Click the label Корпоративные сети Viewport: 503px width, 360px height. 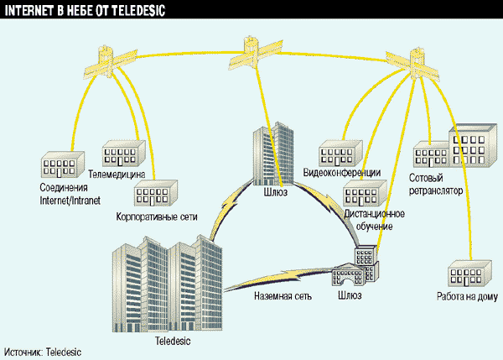pos(157,217)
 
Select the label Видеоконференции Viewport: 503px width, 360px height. pos(342,173)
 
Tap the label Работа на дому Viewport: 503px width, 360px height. pos(467,296)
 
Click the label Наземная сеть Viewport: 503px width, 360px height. pos(281,295)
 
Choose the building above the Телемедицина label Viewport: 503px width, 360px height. pos(124,154)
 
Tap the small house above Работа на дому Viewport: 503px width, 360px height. pos(468,274)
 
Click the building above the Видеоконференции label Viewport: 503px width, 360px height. pos(339,152)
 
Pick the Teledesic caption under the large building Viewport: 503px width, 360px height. pos(174,342)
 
